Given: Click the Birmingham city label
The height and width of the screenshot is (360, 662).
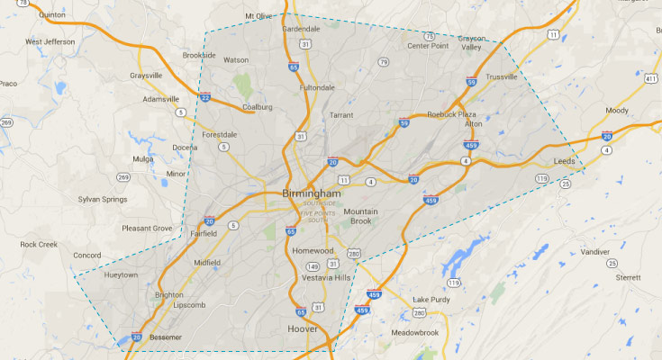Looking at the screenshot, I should click(312, 193).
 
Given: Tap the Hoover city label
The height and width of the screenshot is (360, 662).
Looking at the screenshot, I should click(303, 329).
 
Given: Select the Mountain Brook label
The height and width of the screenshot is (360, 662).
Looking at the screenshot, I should click(360, 216).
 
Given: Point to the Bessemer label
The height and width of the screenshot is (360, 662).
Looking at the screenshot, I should click(165, 337).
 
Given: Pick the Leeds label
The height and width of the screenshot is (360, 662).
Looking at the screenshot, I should click(565, 161).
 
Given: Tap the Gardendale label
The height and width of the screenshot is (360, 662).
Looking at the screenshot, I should click(301, 28).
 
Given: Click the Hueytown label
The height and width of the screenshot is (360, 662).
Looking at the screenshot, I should click(122, 274).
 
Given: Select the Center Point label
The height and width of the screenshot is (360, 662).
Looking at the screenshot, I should click(428, 46).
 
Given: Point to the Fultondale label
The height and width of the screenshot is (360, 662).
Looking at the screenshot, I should click(317, 87).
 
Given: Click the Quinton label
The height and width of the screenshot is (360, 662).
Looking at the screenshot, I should click(53, 14).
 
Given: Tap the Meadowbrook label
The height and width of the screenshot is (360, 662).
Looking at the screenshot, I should click(414, 332).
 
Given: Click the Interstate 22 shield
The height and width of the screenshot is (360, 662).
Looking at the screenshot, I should click(205, 98).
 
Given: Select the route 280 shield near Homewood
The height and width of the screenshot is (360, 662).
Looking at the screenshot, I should click(354, 253).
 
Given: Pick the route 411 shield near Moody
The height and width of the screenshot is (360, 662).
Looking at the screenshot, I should click(649, 78).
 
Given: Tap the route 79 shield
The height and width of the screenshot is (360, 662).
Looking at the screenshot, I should click(384, 62).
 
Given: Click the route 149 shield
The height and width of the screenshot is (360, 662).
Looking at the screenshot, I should click(313, 266).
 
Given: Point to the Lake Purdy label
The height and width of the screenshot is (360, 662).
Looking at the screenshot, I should click(431, 299).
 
